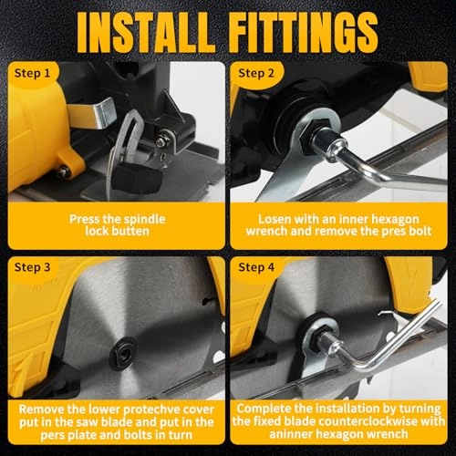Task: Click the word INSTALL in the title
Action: [146, 34]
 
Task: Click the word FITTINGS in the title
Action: [304, 34]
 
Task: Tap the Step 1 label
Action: [32, 73]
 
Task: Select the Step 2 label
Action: [256, 73]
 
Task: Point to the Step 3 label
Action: [32, 267]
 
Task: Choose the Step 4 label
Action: [256, 267]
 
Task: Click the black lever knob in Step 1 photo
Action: [137, 178]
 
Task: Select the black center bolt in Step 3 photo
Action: [123, 353]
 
